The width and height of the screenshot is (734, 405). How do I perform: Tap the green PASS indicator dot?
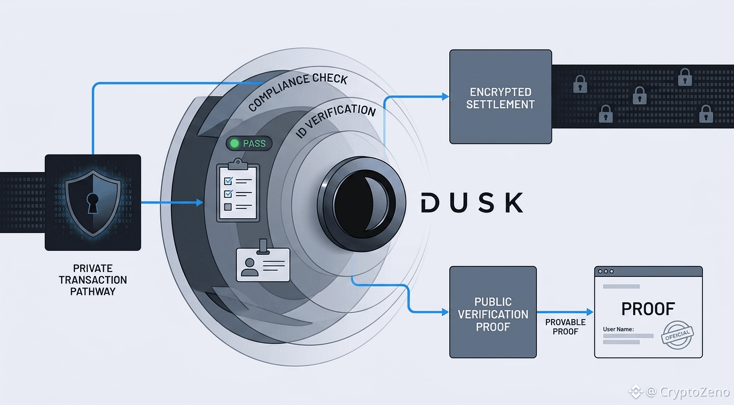click(234, 143)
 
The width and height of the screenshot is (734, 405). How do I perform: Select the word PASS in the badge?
click(254, 143)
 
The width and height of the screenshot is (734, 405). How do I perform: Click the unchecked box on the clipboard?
click(228, 207)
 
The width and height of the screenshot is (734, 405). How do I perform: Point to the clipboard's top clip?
click(238, 164)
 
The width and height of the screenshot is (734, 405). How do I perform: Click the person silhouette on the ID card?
click(250, 267)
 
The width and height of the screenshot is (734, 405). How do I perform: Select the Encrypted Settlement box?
click(500, 97)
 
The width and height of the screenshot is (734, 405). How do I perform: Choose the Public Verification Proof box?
click(493, 312)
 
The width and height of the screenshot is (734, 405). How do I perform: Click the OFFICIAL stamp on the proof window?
click(677, 335)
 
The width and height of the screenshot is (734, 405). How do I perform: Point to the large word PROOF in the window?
click(648, 308)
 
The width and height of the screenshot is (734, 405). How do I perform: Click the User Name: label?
click(619, 329)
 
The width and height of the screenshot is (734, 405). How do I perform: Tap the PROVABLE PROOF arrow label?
click(565, 326)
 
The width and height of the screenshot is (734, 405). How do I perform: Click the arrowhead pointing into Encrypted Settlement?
click(446, 97)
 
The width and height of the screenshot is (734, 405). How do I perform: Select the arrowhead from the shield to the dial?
click(199, 202)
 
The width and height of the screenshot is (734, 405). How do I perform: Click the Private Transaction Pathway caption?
click(93, 280)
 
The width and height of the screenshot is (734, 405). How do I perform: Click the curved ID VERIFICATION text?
click(334, 119)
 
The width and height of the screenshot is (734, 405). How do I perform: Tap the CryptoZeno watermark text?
click(694, 392)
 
